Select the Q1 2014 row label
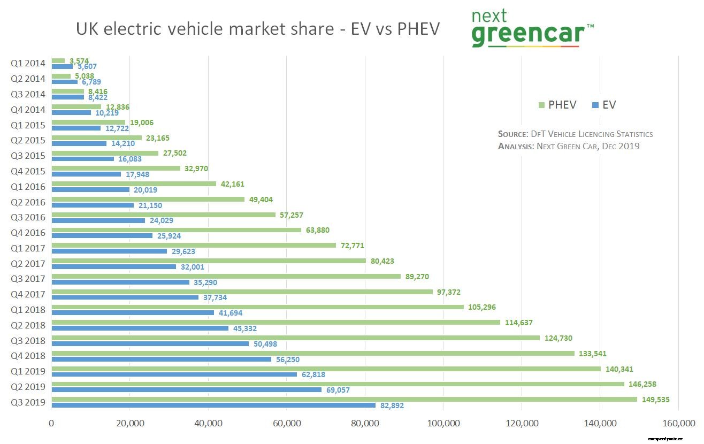point(28,63)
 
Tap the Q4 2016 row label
point(28,233)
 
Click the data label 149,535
point(655,400)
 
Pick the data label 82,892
point(392,406)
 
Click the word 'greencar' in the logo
point(527,34)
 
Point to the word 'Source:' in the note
point(512,134)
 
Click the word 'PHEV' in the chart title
point(418,29)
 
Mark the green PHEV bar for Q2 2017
point(209,261)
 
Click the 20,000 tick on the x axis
point(129,424)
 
